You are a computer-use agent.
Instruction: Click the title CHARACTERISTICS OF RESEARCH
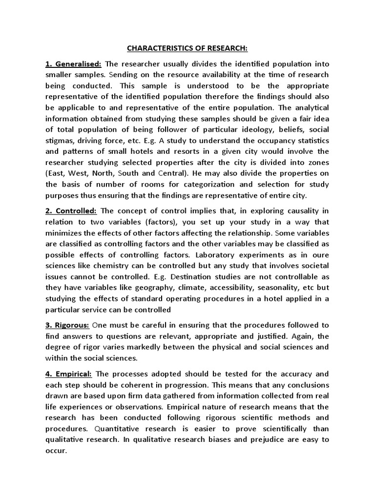click(x=187, y=48)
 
